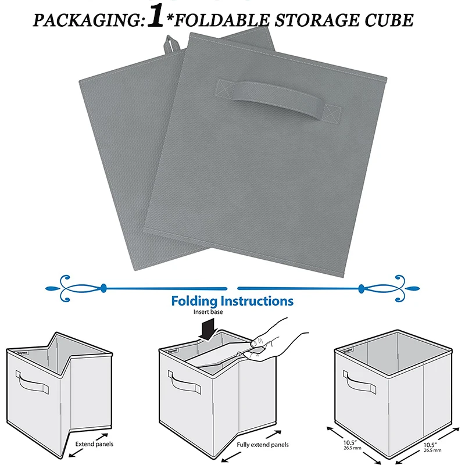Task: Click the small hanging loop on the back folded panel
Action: (x=170, y=44)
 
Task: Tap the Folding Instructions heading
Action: (x=232, y=301)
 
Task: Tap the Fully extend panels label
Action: (x=263, y=445)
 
